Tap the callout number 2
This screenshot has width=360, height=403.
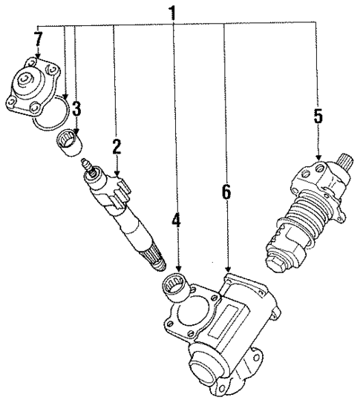point(117,147)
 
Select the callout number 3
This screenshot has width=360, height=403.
point(76,108)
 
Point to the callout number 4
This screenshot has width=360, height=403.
point(175,221)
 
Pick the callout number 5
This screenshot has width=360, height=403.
point(318,116)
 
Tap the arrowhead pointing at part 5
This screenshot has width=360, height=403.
point(318,158)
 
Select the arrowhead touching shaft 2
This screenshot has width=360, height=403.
point(117,174)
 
